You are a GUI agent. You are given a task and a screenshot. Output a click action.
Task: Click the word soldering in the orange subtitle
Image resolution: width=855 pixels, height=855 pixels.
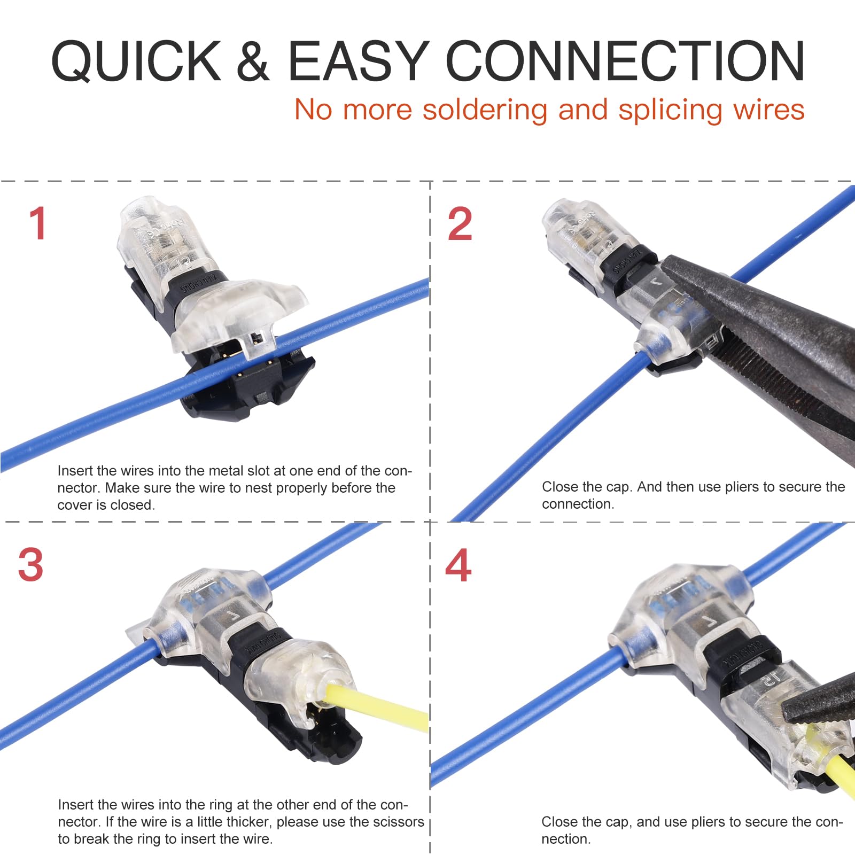click(x=485, y=110)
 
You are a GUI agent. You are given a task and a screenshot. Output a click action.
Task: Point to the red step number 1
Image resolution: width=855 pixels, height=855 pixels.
click(x=38, y=223)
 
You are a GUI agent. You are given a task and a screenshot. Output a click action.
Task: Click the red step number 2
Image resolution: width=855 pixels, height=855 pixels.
click(x=460, y=223)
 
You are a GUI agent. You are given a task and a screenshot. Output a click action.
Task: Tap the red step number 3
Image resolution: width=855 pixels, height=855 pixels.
click(x=30, y=565)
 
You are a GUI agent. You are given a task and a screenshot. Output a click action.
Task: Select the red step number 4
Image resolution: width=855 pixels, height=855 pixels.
click(x=458, y=565)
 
